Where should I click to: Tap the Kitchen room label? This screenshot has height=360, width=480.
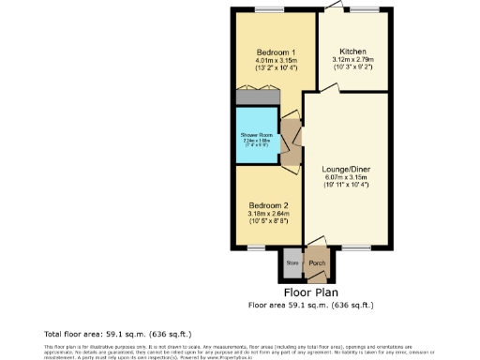click(352, 52)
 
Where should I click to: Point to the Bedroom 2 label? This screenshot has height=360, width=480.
click(268, 204)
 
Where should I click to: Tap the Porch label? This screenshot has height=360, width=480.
click(318, 263)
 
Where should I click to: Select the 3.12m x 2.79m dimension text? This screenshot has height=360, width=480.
click(352, 61)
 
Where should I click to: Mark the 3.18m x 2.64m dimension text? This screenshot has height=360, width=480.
click(268, 214)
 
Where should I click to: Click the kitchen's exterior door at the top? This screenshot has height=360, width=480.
click(332, 8)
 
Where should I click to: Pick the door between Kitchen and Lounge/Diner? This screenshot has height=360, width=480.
click(328, 91)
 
